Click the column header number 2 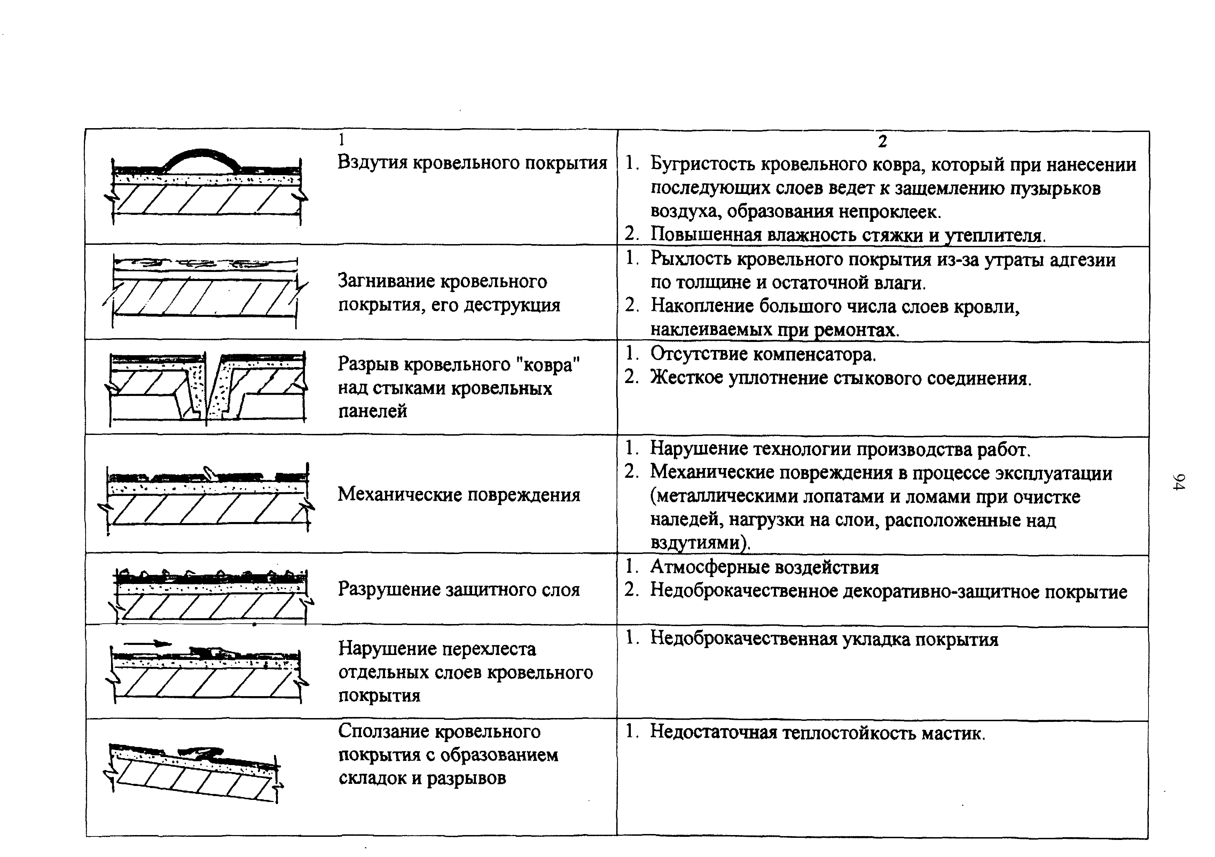[882, 142]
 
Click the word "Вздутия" [373, 162]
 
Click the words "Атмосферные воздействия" [764, 567]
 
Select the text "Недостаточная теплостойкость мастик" [817, 733]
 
